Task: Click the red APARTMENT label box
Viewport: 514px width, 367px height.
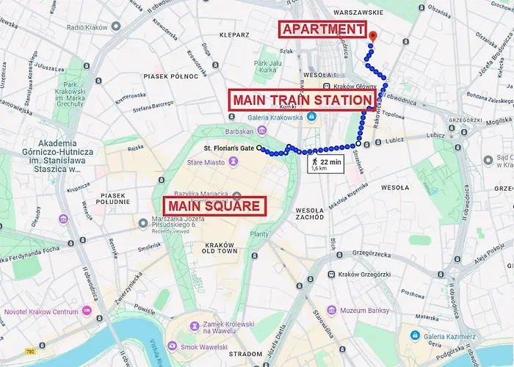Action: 322,30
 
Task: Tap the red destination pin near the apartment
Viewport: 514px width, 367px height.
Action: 372,37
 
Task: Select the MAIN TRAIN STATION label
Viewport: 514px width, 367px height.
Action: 303,101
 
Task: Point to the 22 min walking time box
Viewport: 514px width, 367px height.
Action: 324,164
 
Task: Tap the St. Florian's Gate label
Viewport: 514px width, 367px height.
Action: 228,148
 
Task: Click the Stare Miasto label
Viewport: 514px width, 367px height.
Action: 204,162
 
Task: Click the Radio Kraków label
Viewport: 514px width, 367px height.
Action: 87,27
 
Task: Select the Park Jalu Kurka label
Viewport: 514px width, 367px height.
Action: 269,67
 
